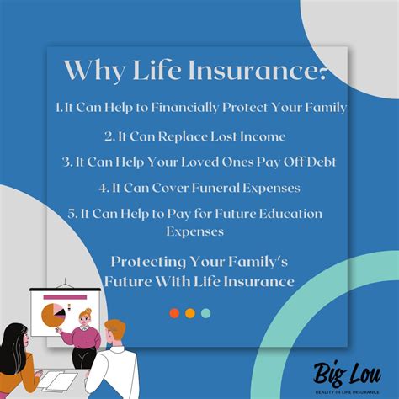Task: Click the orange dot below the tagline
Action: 174,313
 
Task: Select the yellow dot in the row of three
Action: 190,313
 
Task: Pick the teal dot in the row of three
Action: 206,313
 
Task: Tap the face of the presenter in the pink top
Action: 85,318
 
